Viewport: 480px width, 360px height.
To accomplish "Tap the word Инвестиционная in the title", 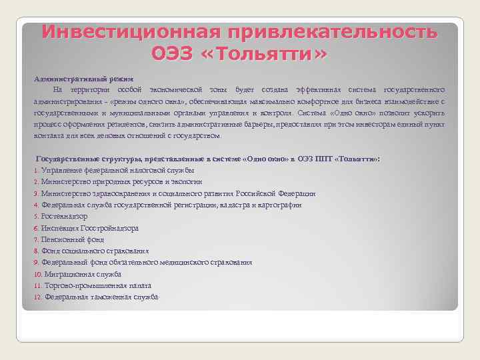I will (x=127, y=31).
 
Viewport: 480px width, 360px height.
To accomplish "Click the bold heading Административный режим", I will (x=84, y=79).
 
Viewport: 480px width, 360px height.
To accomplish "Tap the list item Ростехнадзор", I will (x=64, y=216).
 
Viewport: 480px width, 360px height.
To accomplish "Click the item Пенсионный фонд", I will (x=72, y=239).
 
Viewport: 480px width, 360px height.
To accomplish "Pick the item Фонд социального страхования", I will (x=95, y=251).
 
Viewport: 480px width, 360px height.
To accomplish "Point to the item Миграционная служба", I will (x=82, y=274).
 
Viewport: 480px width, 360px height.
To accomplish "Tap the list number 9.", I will (x=36, y=262).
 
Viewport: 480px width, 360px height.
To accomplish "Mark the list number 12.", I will (x=37, y=297).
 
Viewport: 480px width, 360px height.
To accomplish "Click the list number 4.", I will (x=36, y=205).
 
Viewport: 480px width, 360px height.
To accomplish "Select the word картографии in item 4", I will (x=279, y=205).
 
